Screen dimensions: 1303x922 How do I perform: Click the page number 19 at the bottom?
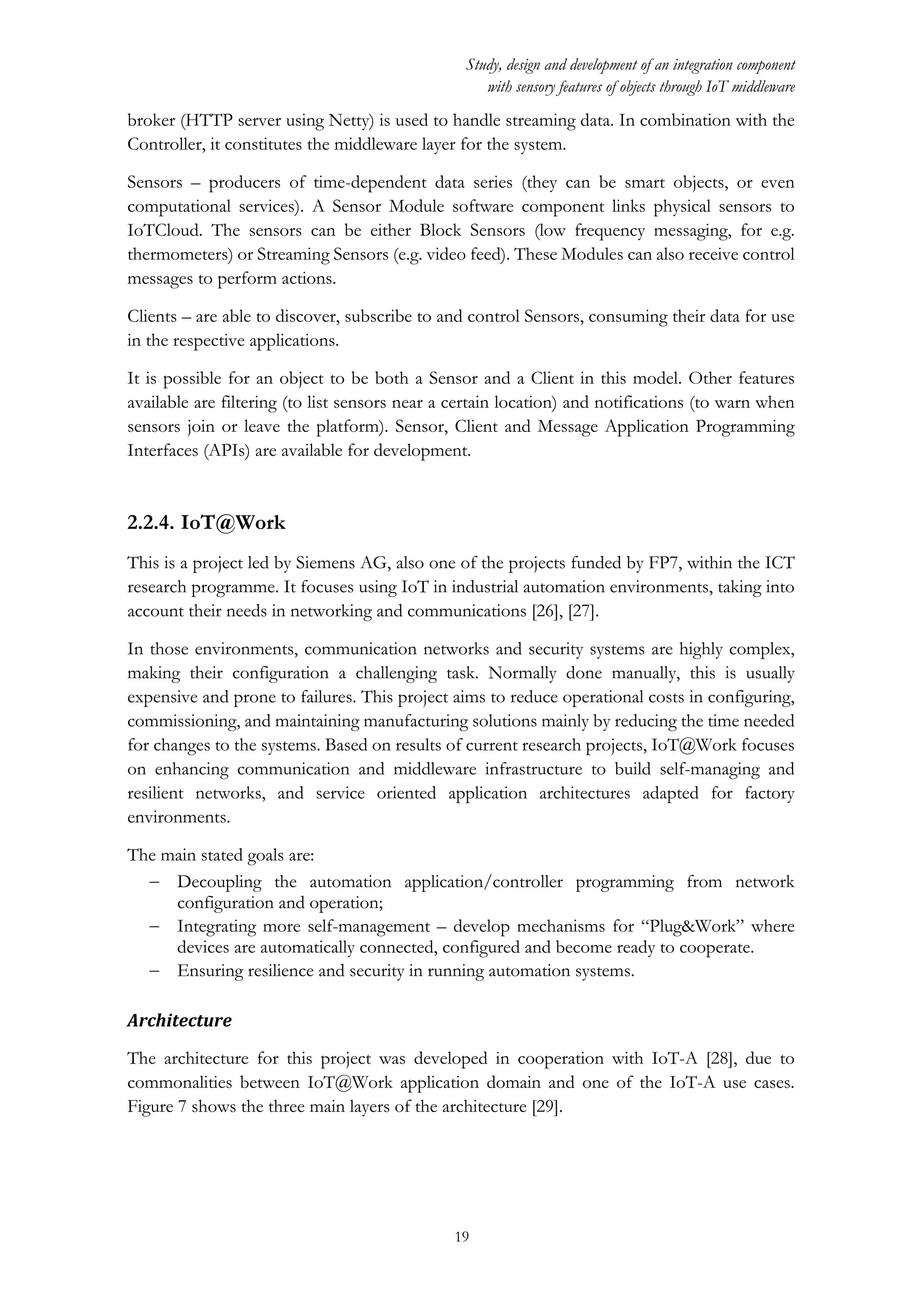click(461, 1236)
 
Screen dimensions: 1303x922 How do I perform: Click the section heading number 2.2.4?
click(150, 523)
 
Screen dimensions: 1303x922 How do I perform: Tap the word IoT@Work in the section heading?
click(233, 523)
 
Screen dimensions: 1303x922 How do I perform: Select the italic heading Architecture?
click(180, 1020)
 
